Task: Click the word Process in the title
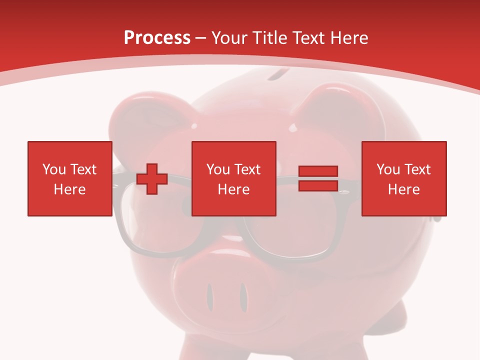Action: [x=157, y=37]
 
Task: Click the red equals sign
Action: [x=318, y=178]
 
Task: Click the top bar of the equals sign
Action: [x=318, y=171]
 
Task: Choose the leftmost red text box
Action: [x=69, y=178]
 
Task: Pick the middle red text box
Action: [x=233, y=178]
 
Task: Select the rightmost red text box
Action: [x=403, y=178]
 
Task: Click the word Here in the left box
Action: [x=69, y=189]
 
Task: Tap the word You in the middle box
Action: [x=218, y=169]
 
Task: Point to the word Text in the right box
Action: [x=418, y=169]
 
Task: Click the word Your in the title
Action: [x=229, y=37]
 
